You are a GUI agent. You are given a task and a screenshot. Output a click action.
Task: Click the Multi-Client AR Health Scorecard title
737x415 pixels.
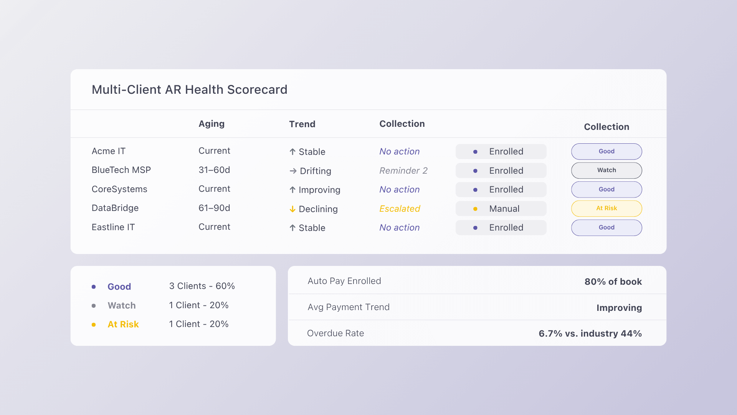[189, 90]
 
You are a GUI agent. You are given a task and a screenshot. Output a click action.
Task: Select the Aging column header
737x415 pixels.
[212, 124]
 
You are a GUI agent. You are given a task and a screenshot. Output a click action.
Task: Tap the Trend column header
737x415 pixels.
[302, 124]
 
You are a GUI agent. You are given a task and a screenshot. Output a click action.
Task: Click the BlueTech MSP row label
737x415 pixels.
[121, 170]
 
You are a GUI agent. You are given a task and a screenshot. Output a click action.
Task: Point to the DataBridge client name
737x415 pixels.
[115, 208]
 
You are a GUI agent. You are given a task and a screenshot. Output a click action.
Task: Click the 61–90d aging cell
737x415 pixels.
[214, 208]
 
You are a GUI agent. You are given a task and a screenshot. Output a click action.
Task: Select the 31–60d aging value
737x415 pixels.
[214, 170]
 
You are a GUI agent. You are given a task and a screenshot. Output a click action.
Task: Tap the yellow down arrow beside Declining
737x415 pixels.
[292, 209]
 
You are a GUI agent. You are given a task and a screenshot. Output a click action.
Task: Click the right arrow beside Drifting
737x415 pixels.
[293, 171]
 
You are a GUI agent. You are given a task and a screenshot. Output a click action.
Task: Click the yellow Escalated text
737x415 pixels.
[400, 209]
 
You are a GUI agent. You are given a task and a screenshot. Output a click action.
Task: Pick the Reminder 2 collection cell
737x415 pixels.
[403, 171]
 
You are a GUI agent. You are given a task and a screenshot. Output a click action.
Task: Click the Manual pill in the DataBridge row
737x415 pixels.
[501, 209]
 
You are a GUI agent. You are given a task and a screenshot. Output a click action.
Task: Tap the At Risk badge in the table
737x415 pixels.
[606, 208]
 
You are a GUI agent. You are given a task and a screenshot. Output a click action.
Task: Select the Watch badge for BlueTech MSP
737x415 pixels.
[606, 170]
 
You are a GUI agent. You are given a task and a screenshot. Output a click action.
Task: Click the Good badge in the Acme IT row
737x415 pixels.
[606, 151]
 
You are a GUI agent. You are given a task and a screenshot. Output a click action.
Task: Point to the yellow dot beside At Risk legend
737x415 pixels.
[94, 325]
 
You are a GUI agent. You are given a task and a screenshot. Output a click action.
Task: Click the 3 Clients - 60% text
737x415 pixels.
[202, 286]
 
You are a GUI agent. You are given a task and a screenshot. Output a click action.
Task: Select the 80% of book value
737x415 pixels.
[613, 282]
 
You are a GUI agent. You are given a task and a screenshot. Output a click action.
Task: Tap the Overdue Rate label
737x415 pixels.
[335, 333]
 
